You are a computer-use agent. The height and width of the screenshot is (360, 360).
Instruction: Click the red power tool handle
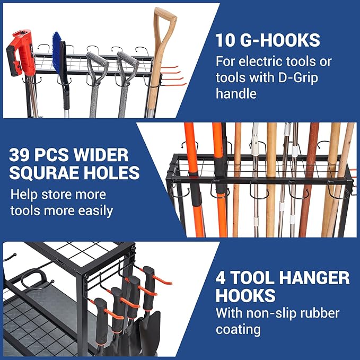click(x=19, y=53)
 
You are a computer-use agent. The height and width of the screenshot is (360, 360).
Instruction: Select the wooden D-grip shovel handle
click(x=164, y=32)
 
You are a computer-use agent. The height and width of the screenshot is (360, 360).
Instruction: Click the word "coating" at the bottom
click(x=238, y=329)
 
